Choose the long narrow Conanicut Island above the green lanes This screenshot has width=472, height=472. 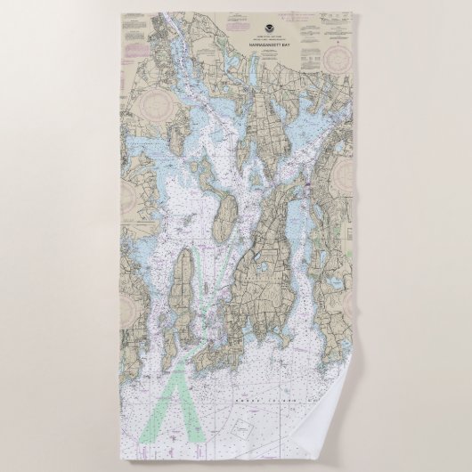pos(184,285)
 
